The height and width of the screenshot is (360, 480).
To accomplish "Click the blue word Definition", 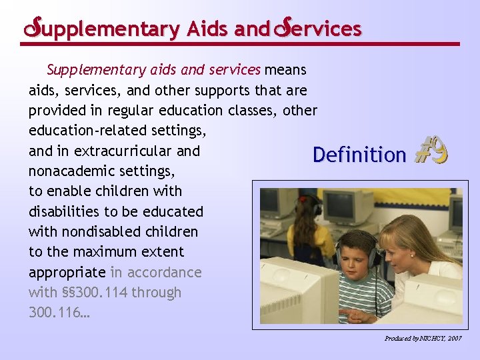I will tap(359, 155).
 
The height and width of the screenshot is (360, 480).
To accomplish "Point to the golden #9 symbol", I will tap(431, 151).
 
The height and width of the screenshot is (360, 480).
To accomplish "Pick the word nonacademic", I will tap(70, 171).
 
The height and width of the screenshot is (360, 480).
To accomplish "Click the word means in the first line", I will tap(285, 69).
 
